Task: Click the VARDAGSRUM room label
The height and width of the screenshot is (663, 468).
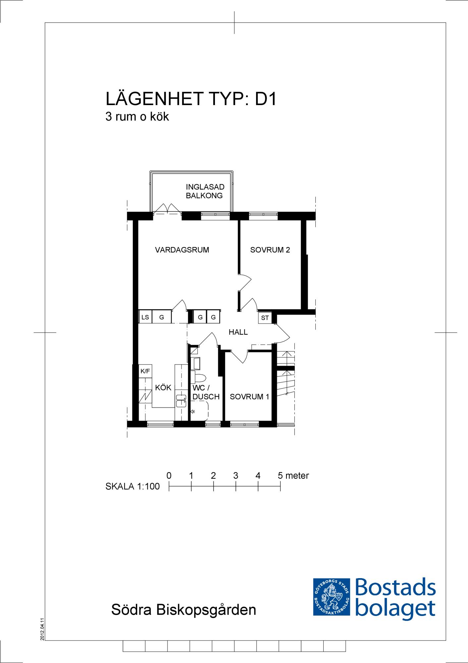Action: pyautogui.click(x=182, y=250)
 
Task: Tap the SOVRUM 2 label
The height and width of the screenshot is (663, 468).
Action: pyautogui.click(x=270, y=250)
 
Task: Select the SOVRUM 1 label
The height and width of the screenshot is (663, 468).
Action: pyautogui.click(x=249, y=396)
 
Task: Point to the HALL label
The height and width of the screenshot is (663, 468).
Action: pyautogui.click(x=238, y=332)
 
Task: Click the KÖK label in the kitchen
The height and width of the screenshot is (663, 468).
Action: pyautogui.click(x=163, y=387)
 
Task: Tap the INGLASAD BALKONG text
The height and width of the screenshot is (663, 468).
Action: pyautogui.click(x=205, y=191)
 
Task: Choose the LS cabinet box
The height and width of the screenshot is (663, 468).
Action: pyautogui.click(x=145, y=317)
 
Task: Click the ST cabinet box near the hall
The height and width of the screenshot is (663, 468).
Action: pyautogui.click(x=265, y=318)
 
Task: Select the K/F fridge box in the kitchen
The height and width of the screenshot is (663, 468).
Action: pyautogui.click(x=145, y=371)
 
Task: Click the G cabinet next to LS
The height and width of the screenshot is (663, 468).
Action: pyautogui.click(x=162, y=317)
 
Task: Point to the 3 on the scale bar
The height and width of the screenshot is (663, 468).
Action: pyautogui.click(x=235, y=476)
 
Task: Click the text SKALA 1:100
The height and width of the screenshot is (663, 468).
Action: pyautogui.click(x=132, y=486)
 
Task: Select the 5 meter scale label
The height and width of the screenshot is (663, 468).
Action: pyautogui.click(x=293, y=476)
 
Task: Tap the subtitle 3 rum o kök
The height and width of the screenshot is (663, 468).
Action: pyautogui.click(x=137, y=117)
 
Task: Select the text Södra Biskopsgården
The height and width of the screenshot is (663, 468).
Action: pyautogui.click(x=183, y=610)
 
